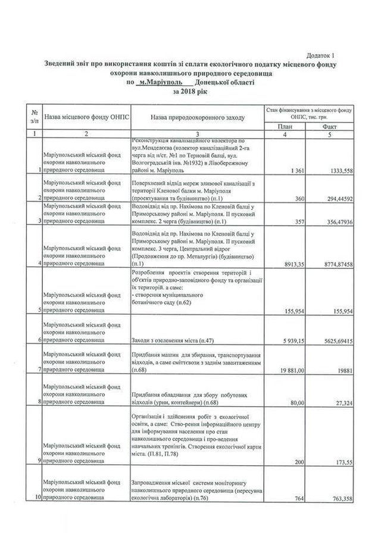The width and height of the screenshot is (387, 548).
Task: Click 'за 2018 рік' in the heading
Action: [x=191, y=92]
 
